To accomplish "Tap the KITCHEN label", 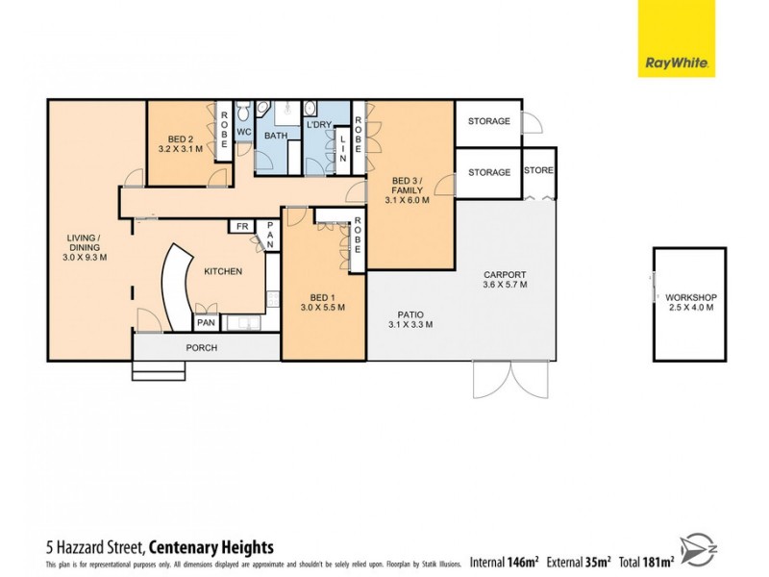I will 222,272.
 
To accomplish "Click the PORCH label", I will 202,347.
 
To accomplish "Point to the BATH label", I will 276,136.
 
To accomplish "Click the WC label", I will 243,132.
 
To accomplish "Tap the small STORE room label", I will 538,170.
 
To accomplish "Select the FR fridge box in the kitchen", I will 241,227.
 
